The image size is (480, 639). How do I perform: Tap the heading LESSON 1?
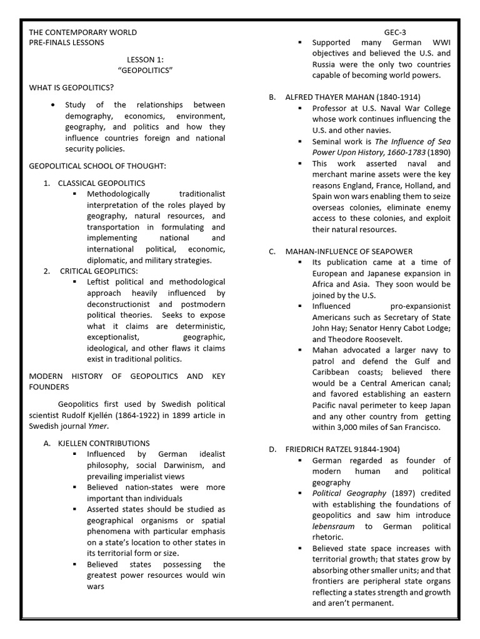click(144, 59)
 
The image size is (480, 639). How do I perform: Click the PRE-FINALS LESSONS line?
click(67, 42)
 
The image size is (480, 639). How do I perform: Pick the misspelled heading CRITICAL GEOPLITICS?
click(99, 271)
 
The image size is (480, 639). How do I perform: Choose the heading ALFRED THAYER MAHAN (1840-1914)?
click(352, 97)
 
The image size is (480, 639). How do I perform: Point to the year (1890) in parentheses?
click(437, 152)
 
